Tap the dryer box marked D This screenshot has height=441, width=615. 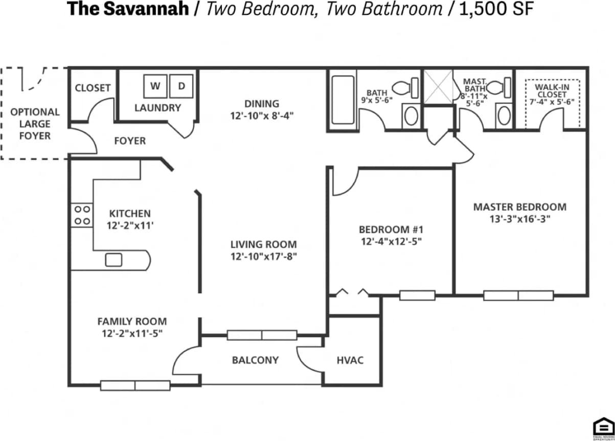point(181,86)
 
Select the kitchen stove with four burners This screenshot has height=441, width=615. point(81,215)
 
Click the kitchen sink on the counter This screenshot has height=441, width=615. point(113,260)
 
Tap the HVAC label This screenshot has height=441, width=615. point(350,360)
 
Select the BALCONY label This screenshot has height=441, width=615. point(255,360)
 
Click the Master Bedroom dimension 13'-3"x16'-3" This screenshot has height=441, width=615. point(519,219)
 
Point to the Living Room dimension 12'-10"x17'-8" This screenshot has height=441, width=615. point(263,257)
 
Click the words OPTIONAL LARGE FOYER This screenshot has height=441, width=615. point(35,124)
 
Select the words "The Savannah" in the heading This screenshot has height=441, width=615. point(128,9)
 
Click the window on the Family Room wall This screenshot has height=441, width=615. point(135,385)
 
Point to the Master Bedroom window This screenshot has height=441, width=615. point(518,295)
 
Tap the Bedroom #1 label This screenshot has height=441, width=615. point(391,229)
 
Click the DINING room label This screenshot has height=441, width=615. point(261,104)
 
